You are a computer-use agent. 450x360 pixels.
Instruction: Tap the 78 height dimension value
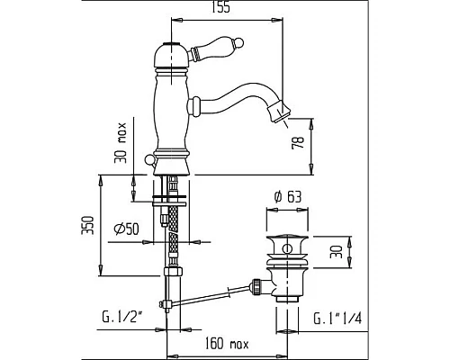tap(298, 142)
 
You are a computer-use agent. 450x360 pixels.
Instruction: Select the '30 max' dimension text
tap(120, 143)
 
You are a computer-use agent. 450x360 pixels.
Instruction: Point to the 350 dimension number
tap(89, 225)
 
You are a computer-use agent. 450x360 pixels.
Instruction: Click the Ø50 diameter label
tap(126, 229)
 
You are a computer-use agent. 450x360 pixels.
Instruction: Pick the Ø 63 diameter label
tap(288, 197)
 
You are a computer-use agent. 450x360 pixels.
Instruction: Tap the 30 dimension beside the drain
tap(336, 251)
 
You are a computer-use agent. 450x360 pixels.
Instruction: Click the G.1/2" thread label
tap(121, 318)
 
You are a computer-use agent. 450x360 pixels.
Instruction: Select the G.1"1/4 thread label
tap(337, 318)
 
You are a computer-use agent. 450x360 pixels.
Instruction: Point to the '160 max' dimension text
tap(227, 344)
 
